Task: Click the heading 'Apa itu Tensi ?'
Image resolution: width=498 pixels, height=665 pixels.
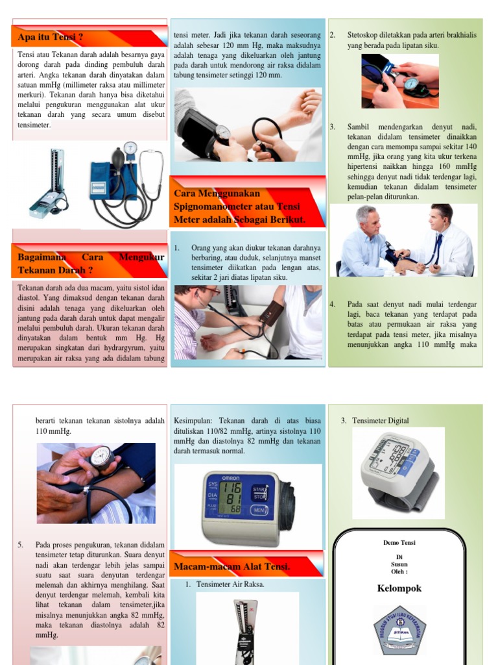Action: click(x=51, y=38)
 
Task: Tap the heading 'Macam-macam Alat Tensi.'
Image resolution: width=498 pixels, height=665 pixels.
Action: click(x=231, y=567)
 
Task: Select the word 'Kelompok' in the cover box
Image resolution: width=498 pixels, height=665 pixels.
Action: click(x=399, y=588)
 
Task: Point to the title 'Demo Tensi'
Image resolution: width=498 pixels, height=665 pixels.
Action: click(x=399, y=542)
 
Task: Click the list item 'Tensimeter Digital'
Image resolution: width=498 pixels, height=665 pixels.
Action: click(x=381, y=421)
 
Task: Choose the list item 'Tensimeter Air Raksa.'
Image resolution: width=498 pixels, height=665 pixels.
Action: click(x=230, y=584)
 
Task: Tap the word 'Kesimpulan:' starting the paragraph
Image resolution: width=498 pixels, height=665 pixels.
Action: click(x=195, y=421)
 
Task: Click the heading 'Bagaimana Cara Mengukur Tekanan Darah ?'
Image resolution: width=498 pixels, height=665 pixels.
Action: click(x=91, y=264)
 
